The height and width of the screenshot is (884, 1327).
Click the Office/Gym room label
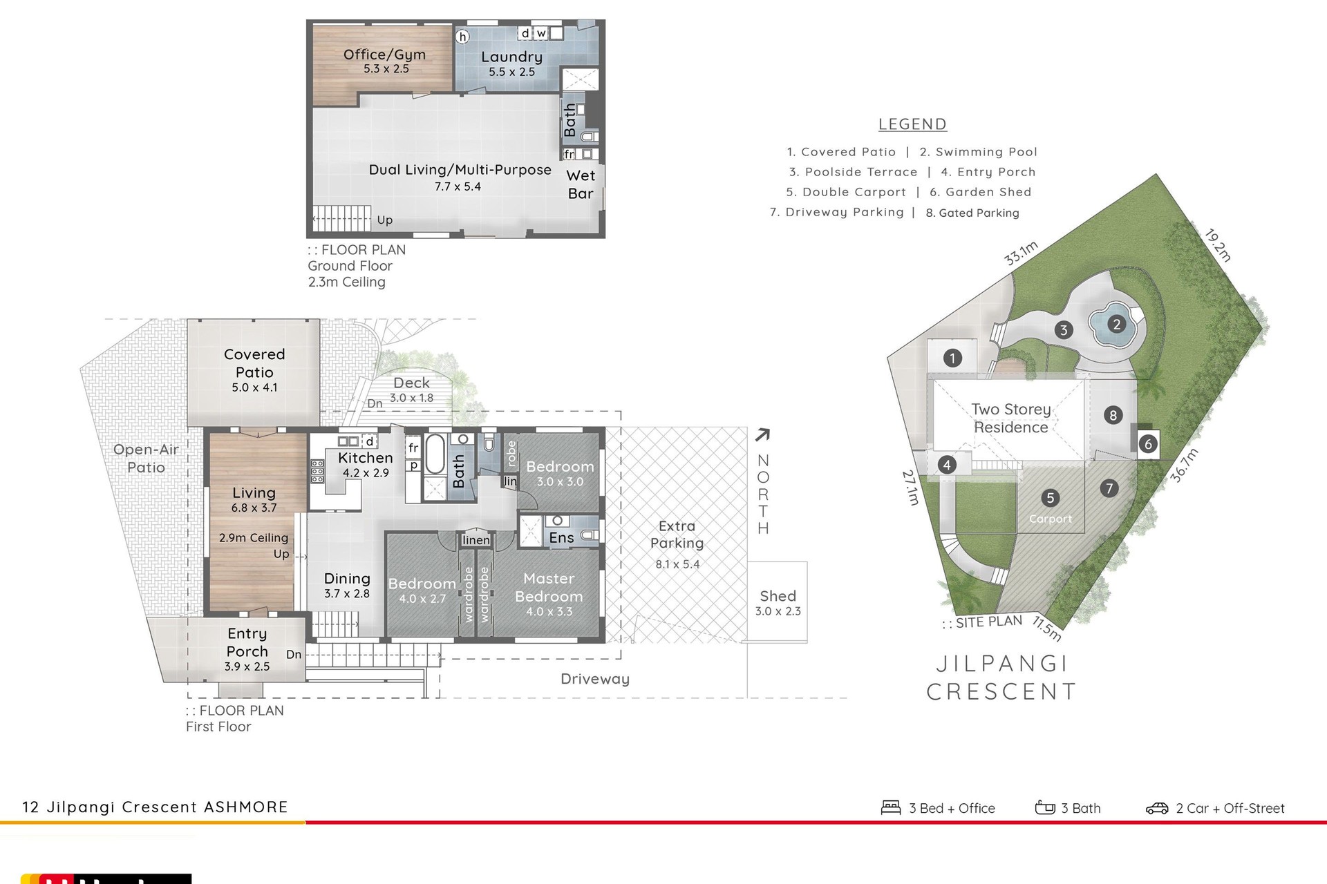click(x=384, y=55)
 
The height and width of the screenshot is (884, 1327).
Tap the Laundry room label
click(x=511, y=57)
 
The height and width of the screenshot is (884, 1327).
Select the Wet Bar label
click(x=581, y=184)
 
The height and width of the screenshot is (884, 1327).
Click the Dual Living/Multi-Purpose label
click(x=460, y=170)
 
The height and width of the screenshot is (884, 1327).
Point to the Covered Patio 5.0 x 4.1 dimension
click(x=254, y=387)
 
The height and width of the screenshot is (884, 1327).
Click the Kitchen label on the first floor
click(x=365, y=457)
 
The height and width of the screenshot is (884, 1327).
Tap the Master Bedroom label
click(x=549, y=587)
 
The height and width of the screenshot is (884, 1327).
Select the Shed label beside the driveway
click(x=778, y=595)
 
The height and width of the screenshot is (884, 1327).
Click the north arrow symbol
click(x=762, y=434)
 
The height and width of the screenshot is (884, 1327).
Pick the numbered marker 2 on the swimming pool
click(x=1116, y=324)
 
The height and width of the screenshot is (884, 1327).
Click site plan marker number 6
click(x=1148, y=443)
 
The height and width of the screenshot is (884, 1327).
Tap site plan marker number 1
click(x=952, y=358)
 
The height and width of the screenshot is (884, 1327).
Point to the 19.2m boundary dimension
click(x=1218, y=246)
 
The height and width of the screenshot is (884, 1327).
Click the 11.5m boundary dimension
click(x=1047, y=628)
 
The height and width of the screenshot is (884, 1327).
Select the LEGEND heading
click(x=912, y=124)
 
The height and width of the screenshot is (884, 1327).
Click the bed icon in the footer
click(x=891, y=807)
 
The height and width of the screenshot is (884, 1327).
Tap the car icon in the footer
click(x=1157, y=808)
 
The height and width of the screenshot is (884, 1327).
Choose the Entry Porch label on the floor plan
click(x=247, y=642)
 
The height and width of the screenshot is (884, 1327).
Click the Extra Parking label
click(x=677, y=535)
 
